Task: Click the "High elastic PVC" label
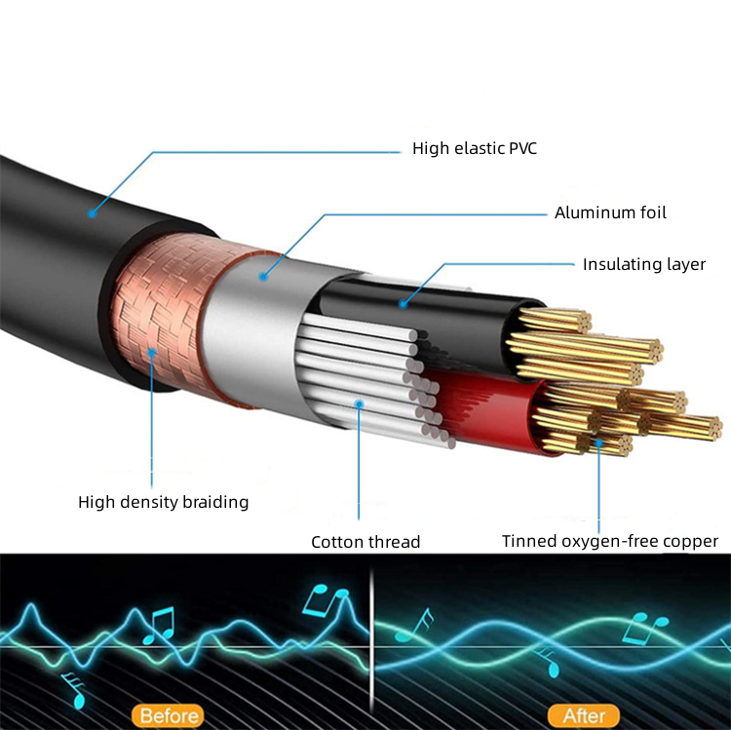[x=475, y=149]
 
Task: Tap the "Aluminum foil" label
[x=610, y=213]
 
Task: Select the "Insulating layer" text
[x=644, y=265]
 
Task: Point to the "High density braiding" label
[x=163, y=502]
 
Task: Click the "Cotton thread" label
[x=365, y=542]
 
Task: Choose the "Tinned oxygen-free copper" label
[x=610, y=541]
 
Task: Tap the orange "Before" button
[x=169, y=715]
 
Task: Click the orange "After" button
[x=584, y=715]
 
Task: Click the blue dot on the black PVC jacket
[x=93, y=214]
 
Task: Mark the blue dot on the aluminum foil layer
[x=263, y=277]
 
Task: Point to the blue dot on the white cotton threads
[x=359, y=403]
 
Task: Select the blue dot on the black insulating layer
[x=403, y=304]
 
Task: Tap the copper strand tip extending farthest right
[x=716, y=429]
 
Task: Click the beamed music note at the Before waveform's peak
[x=326, y=600]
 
